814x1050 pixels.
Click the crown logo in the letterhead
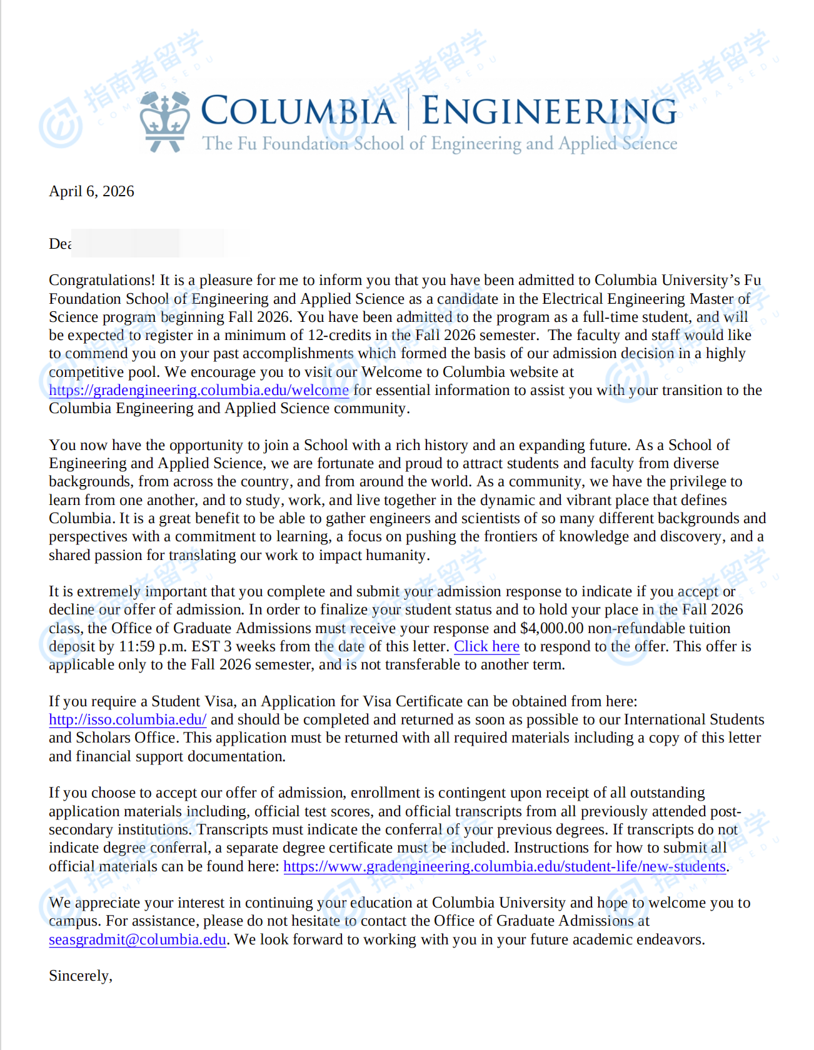(x=164, y=122)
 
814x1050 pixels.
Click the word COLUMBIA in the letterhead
(x=298, y=111)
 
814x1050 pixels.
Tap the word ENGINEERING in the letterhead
(x=549, y=111)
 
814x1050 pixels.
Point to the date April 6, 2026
(x=91, y=191)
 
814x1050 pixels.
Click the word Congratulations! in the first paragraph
(x=102, y=280)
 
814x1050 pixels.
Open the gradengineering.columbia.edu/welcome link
(x=199, y=390)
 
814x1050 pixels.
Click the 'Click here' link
(x=486, y=646)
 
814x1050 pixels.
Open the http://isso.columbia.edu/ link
(x=128, y=719)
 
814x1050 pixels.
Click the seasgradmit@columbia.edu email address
(x=138, y=939)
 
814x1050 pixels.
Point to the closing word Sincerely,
(x=81, y=976)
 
